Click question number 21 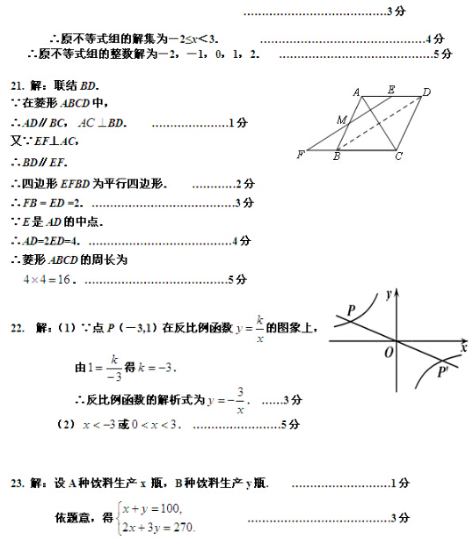coord(18,85)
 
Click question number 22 coord(17,328)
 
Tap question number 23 coord(17,483)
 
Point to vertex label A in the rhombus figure coord(357,91)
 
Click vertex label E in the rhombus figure coord(390,90)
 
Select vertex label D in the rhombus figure coord(426,91)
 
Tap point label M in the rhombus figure coord(340,120)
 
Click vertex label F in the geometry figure coord(301,155)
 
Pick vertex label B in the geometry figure coord(337,157)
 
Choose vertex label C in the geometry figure coord(398,157)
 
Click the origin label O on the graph coord(388,352)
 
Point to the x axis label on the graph coord(462,348)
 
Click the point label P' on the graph coord(443,372)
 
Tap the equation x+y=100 coord(151,508)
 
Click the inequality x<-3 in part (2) coord(98,425)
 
